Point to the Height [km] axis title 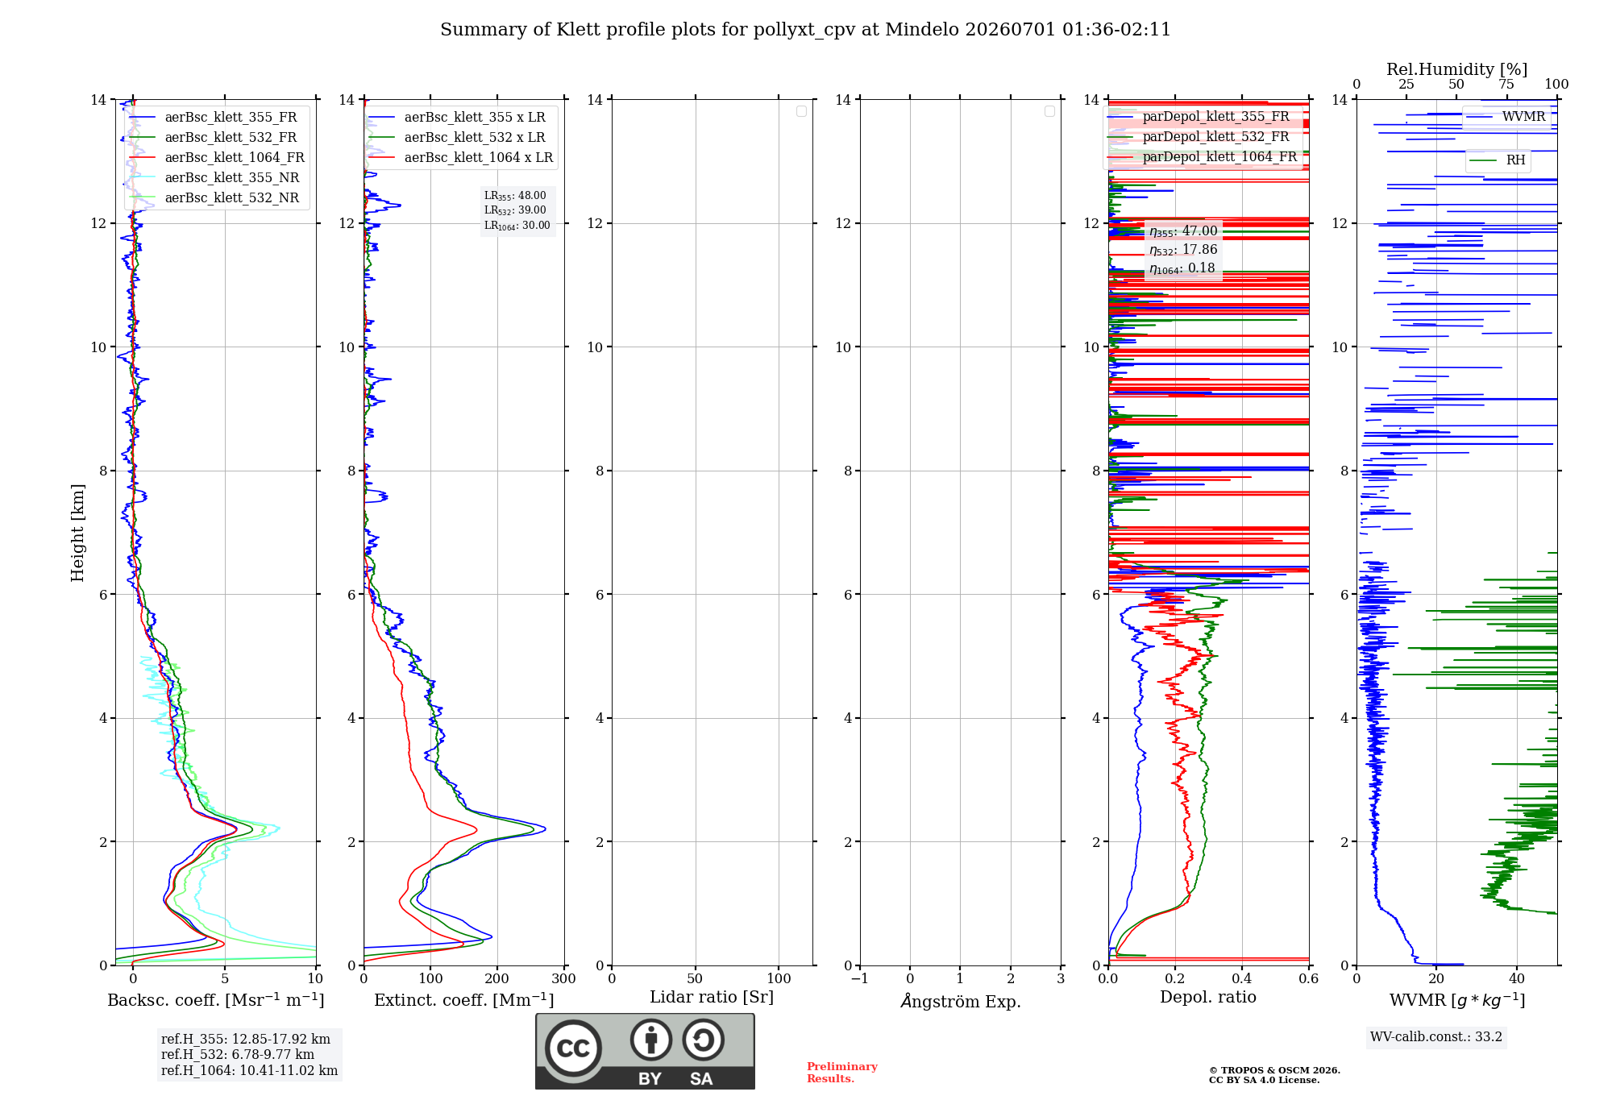[77, 533]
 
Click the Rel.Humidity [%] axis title [1456, 69]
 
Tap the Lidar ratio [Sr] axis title [712, 997]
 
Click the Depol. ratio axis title [1208, 997]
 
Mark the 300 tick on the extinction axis [564, 978]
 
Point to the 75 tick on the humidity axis [1506, 84]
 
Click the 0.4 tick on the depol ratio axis [1242, 978]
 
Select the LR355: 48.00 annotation [515, 196]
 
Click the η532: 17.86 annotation [1183, 250]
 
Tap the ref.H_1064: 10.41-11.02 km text [249, 1070]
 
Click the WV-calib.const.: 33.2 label [1436, 1036]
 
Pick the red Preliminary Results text [842, 1073]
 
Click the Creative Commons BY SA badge [646, 1052]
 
